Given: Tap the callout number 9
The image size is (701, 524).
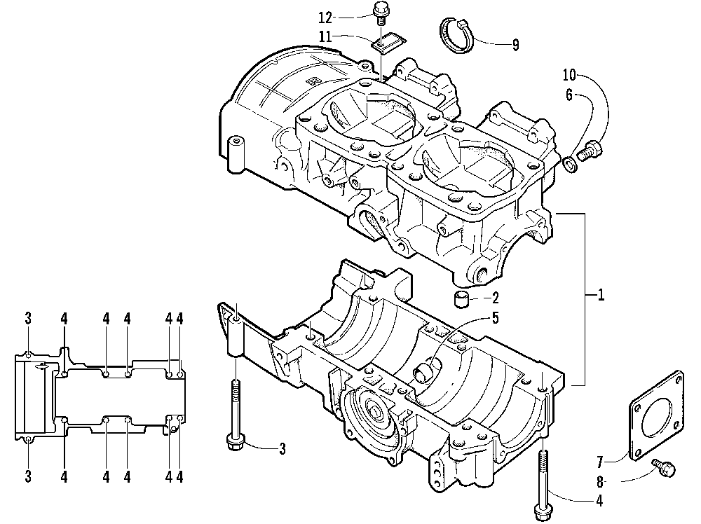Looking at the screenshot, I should [515, 46].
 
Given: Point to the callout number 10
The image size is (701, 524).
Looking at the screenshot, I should [569, 74].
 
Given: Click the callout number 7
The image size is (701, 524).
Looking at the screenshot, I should [600, 461].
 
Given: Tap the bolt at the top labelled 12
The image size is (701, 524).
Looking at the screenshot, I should [383, 11].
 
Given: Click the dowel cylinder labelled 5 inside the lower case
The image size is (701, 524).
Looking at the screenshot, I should [426, 369].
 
